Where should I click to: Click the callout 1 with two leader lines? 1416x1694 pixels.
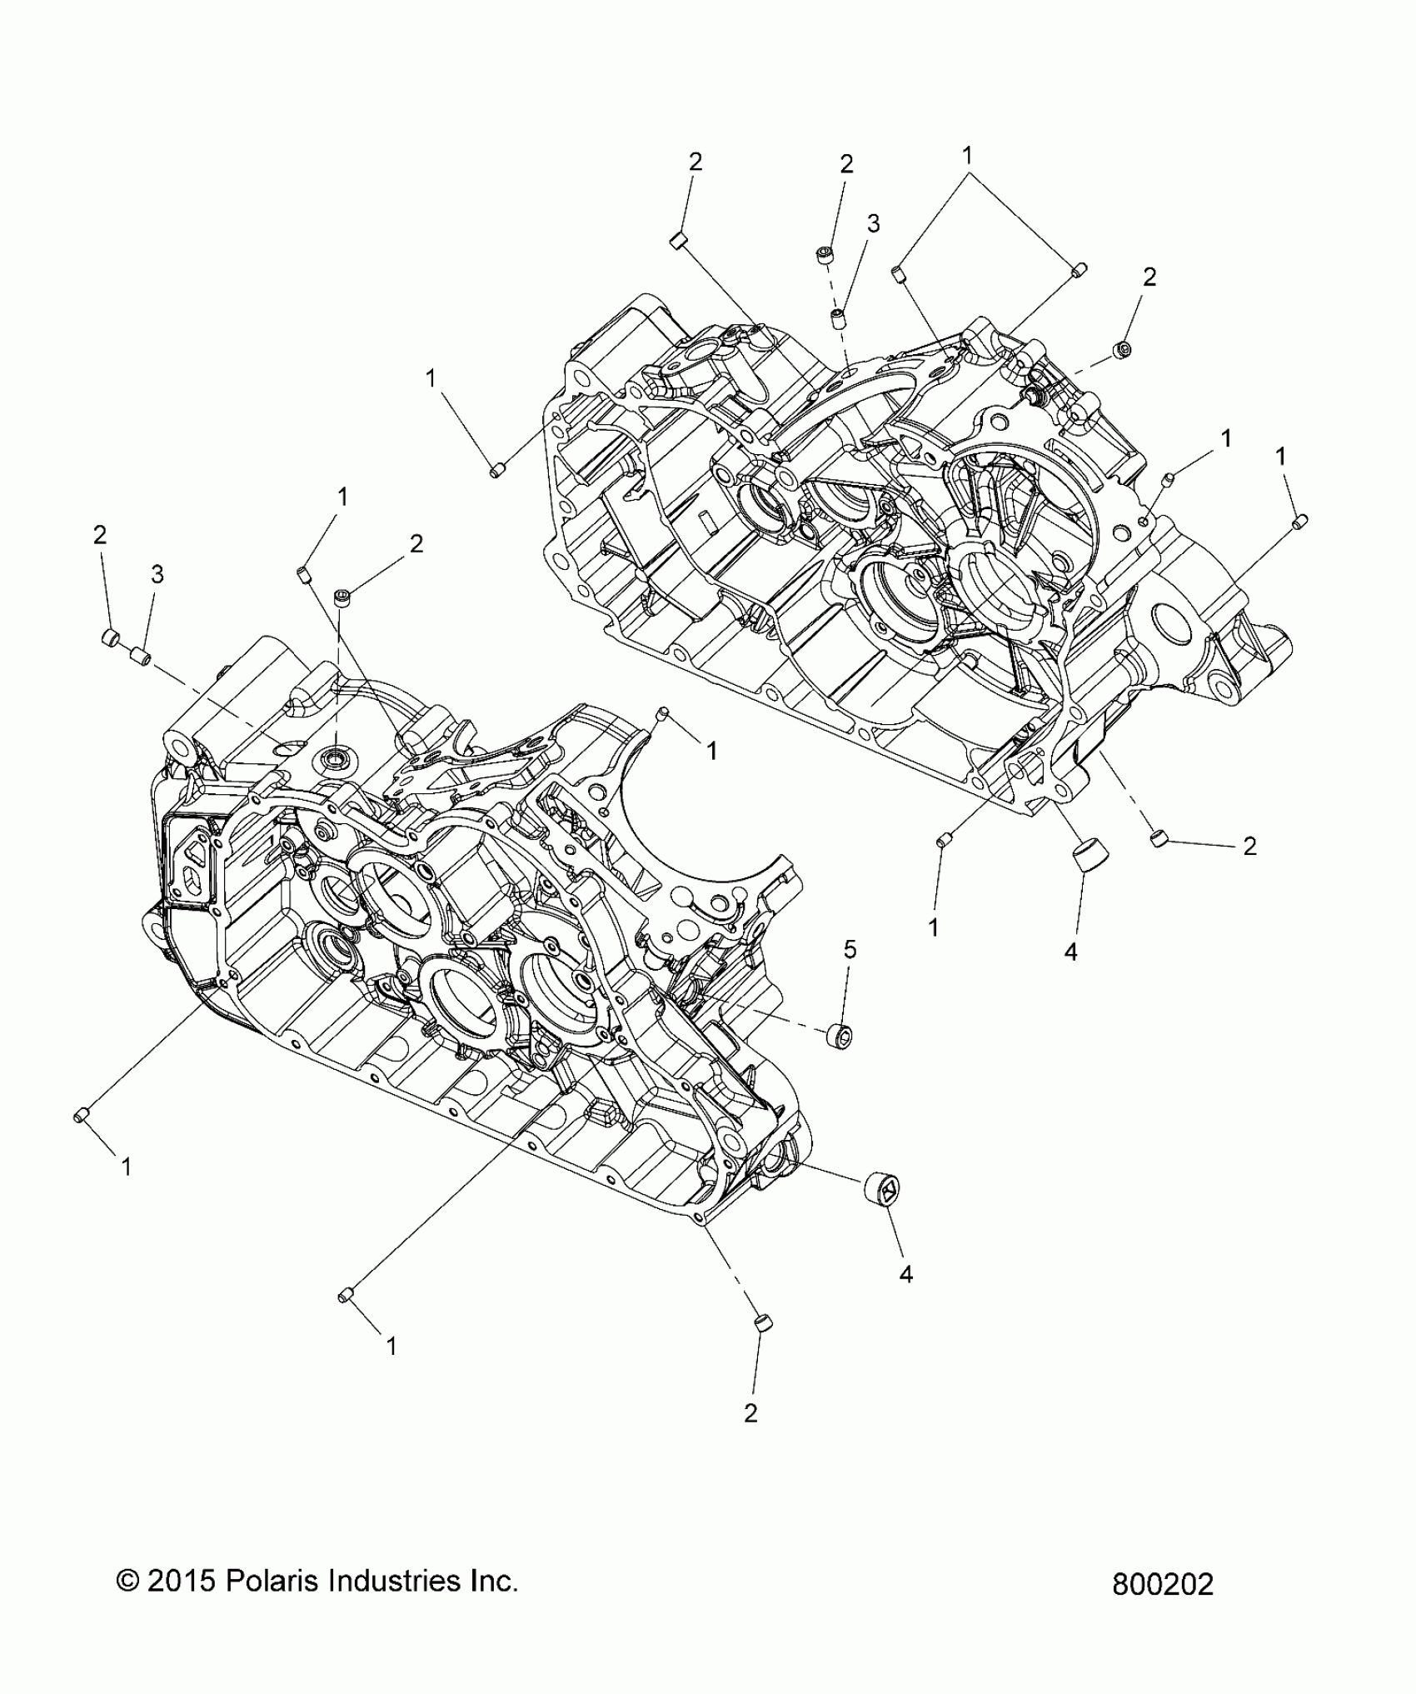[967, 154]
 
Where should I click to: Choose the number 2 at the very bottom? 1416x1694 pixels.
[750, 1413]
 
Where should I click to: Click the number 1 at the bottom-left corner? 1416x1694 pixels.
[126, 1167]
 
